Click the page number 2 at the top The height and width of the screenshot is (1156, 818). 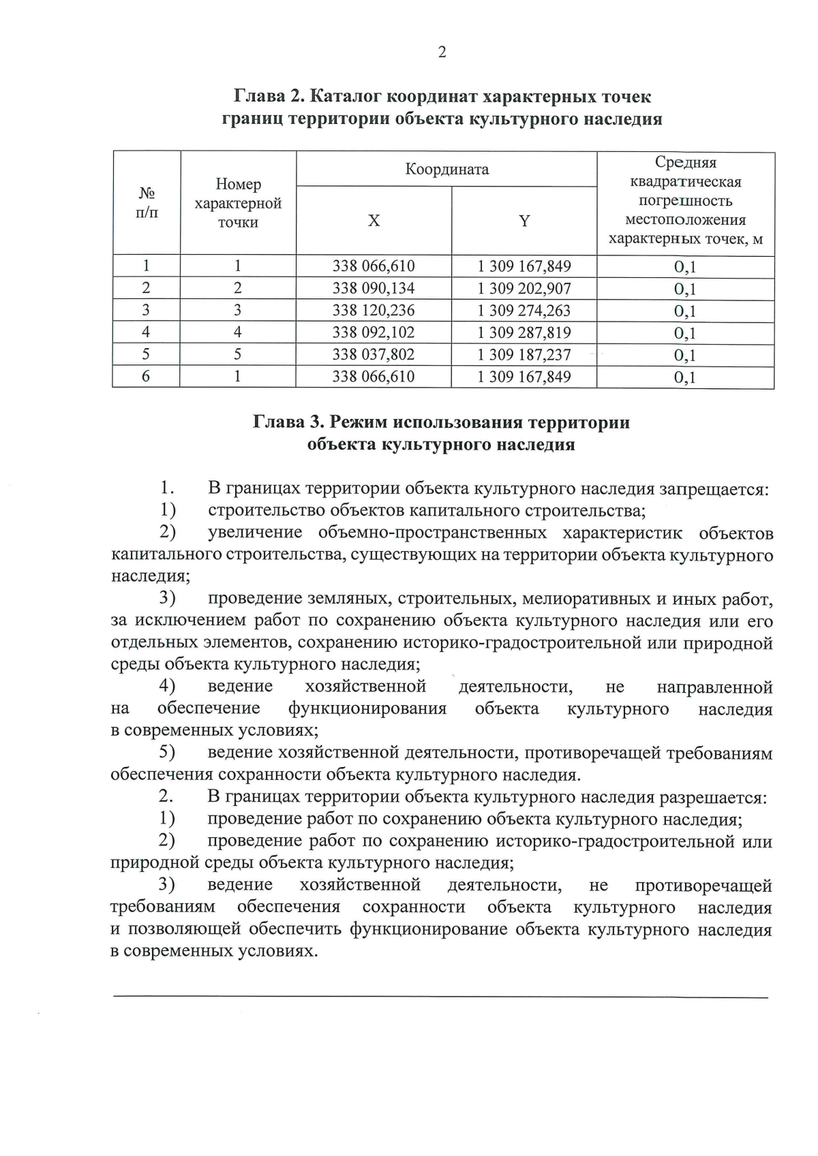click(442, 52)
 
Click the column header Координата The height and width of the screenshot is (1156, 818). click(446, 169)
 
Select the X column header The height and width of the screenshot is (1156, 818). click(374, 221)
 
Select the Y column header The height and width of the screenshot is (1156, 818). click(524, 221)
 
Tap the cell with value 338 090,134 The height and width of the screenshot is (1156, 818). click(373, 288)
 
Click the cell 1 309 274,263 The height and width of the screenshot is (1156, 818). click(524, 311)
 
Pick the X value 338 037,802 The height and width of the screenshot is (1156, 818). click(373, 355)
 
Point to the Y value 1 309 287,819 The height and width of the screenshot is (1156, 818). click(524, 332)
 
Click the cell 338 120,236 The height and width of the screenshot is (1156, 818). click(373, 311)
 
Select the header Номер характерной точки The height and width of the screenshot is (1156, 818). click(238, 203)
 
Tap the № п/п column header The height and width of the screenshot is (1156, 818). click(147, 203)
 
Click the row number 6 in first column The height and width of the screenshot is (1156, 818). click(146, 377)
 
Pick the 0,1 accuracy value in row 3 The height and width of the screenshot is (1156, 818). click(685, 311)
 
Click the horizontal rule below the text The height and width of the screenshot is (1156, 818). click(440, 997)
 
